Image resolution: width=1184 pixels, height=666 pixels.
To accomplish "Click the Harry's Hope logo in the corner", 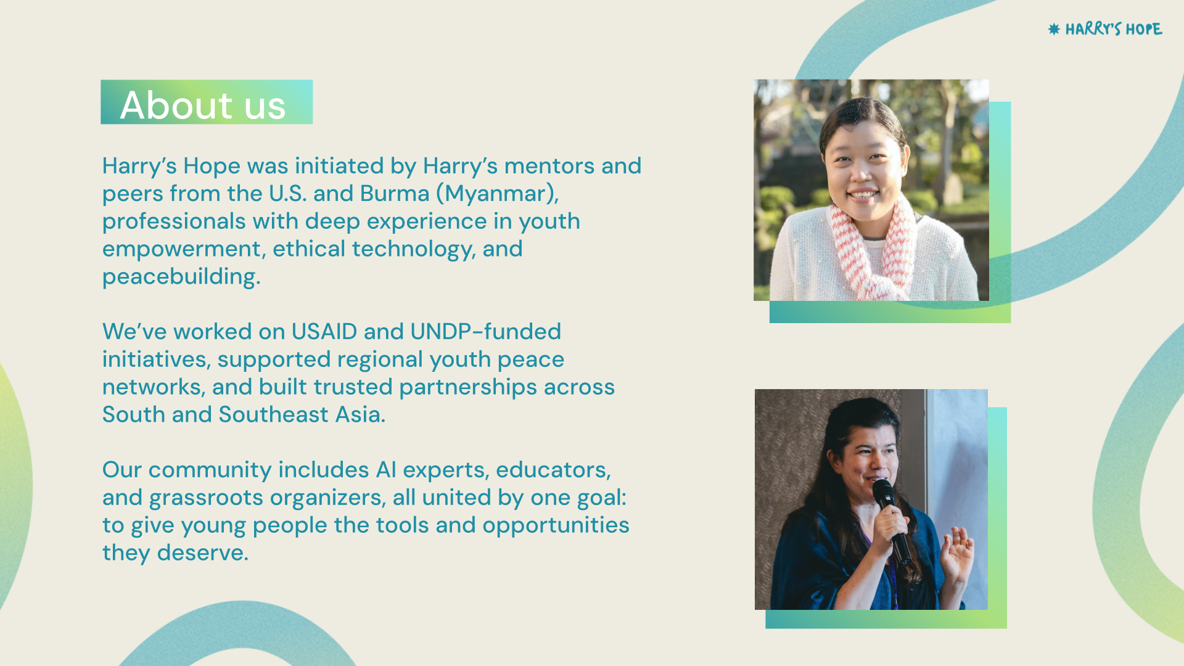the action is [1105, 29].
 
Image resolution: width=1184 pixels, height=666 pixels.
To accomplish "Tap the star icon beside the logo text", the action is [1054, 29].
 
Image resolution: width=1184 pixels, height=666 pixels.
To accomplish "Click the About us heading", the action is [203, 104].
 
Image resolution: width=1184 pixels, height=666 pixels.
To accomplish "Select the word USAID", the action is [324, 332].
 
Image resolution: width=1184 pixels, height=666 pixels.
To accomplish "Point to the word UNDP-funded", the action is [486, 332].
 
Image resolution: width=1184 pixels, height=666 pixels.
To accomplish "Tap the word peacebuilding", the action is [181, 277].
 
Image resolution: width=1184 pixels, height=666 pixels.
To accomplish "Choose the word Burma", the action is [395, 194].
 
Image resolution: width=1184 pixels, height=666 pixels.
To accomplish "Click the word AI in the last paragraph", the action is [386, 470].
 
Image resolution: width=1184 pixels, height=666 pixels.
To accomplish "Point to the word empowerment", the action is [184, 250].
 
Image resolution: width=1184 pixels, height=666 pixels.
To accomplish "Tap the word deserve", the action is [202, 553].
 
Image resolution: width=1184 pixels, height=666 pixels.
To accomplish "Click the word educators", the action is [553, 470].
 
